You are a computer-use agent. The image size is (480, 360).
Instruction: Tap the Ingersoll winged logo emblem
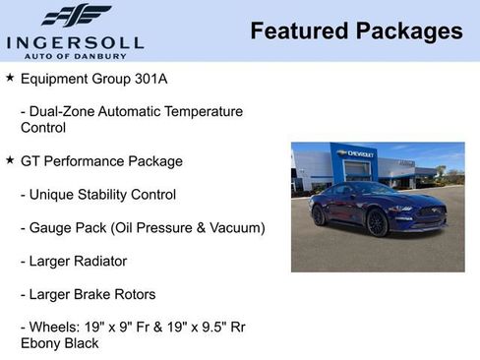click(x=76, y=16)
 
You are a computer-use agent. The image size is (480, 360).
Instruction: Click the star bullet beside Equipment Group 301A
click(x=10, y=77)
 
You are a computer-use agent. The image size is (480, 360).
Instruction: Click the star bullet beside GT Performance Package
click(x=10, y=159)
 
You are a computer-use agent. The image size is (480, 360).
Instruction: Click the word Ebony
click(x=41, y=343)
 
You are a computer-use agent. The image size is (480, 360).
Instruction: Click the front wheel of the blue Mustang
click(x=377, y=223)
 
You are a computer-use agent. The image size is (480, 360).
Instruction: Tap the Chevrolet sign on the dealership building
click(x=355, y=153)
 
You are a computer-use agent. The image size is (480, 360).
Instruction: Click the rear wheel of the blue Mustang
click(x=319, y=215)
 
